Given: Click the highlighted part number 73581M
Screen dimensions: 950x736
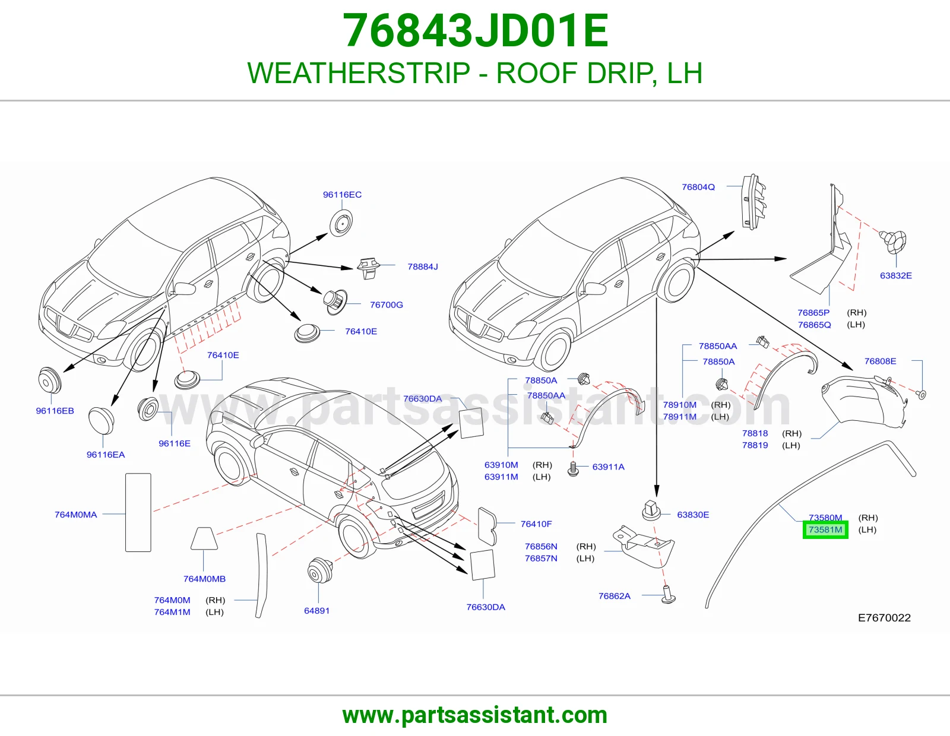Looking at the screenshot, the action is pos(825,529).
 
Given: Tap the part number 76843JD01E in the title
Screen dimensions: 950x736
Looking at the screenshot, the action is pos(475,31).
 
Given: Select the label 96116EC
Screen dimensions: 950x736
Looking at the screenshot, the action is pos(343,195).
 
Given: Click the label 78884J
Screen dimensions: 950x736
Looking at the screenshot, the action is pos(423,267).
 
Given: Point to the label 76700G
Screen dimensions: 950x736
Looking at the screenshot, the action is pos(387,304).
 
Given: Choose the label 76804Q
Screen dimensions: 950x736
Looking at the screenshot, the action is pos(698,187).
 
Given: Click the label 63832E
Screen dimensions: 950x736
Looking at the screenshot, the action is pos(896,275).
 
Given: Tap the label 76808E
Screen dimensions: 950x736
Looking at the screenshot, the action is pos(880,361).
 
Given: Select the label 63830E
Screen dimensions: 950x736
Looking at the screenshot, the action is pos(693,515).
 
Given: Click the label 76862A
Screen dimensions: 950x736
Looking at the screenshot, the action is pos(615,596).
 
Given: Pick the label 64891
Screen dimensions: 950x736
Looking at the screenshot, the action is pos(316,611).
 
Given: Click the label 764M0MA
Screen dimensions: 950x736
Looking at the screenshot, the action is pos(75,515).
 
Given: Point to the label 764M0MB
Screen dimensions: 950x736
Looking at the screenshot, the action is pos(204,579).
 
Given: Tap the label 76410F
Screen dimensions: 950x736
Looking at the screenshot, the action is pos(536,524).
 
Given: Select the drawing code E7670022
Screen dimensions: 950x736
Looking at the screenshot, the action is pos(885,617).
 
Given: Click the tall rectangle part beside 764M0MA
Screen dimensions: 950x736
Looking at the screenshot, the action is pos(138,512).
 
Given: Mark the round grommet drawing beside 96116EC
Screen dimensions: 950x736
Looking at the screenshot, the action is pos(341,223).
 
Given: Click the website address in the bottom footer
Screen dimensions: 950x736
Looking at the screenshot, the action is pos(475,715).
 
